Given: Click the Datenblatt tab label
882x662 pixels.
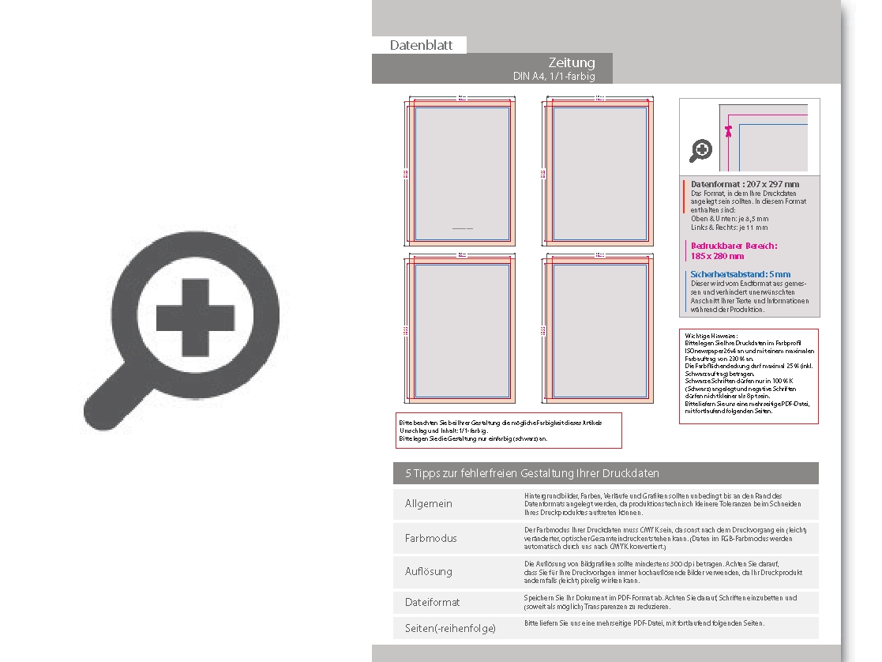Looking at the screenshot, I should coord(421,45).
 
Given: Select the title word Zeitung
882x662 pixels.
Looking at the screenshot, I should coord(572,62).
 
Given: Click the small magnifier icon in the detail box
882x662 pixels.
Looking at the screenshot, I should coord(700,149).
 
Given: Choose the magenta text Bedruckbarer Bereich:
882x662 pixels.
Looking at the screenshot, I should coord(734,246).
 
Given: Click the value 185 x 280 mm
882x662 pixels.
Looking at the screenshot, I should coord(717,256).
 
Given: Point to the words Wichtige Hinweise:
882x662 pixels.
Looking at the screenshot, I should coord(707,335).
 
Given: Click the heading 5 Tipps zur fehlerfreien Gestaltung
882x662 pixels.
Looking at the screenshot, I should coord(532,473).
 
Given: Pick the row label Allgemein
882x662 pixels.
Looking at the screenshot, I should coord(429,503).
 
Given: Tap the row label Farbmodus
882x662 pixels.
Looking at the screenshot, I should coord(430,538).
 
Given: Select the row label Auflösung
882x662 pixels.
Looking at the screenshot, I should coord(429,571).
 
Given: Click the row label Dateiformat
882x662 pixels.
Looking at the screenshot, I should coord(432,602).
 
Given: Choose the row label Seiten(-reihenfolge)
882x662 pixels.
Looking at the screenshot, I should coord(450,628).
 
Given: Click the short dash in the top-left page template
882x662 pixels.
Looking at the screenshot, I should coord(461,228).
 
